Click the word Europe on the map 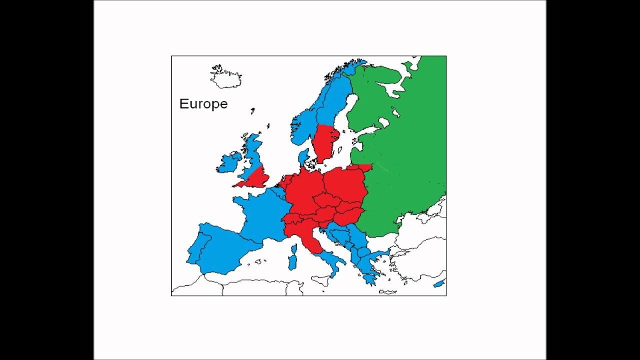click(x=203, y=104)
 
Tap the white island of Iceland click(x=226, y=78)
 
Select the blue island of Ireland click(x=229, y=163)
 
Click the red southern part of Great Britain click(x=256, y=178)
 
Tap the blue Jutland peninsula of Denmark click(x=303, y=157)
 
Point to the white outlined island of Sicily click(x=320, y=280)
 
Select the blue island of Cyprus click(x=438, y=284)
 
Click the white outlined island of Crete click(x=387, y=292)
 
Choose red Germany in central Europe click(x=302, y=190)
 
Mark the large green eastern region click(x=405, y=150)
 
